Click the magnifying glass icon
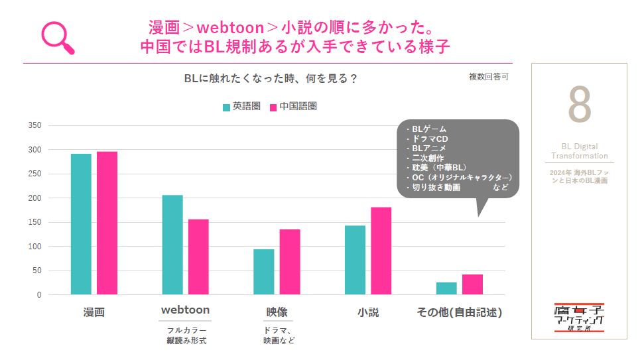[x=58, y=37]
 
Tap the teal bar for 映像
[x=263, y=272]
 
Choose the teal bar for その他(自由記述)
[x=446, y=288]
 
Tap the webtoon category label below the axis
[x=186, y=310]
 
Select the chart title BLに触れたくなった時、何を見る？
[x=271, y=78]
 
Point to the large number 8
[x=579, y=104]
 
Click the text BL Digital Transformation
[x=579, y=151]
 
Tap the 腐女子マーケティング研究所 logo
[x=579, y=318]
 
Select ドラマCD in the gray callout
[x=428, y=139]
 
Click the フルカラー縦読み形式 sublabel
[x=186, y=335]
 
